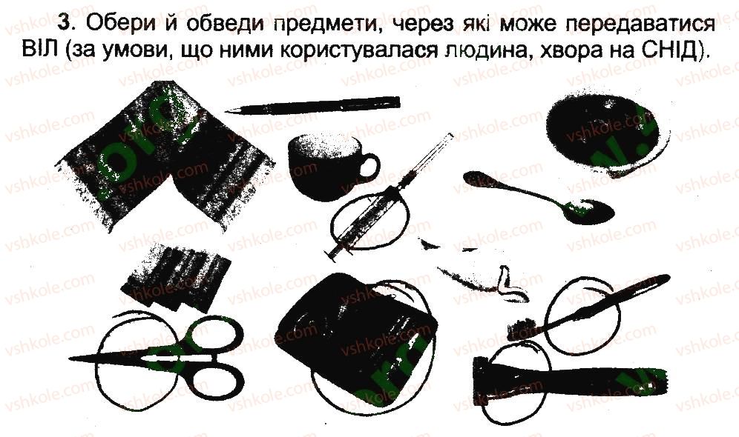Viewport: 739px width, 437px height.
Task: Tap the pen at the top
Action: (x=312, y=105)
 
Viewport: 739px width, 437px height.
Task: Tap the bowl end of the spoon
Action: (x=589, y=210)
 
